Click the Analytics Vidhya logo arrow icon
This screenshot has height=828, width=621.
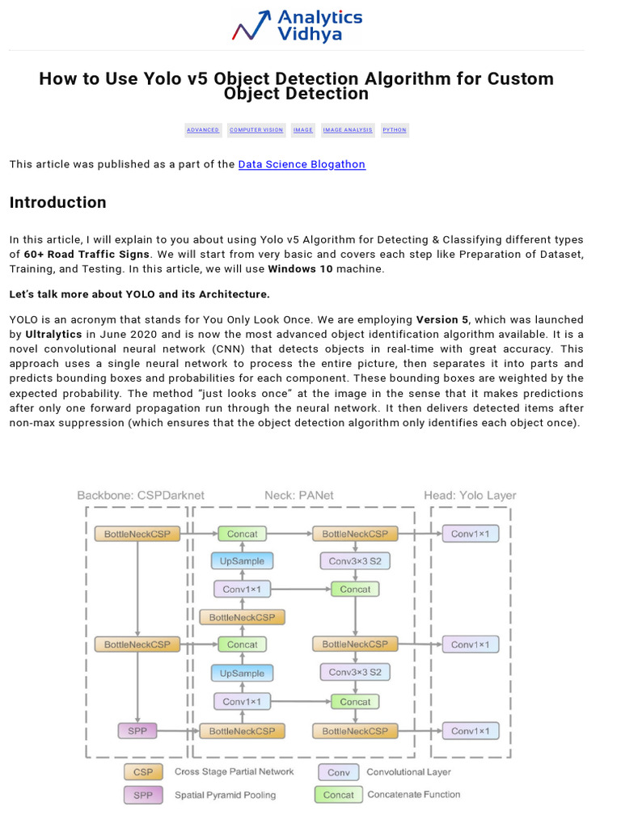pyautogui.click(x=251, y=24)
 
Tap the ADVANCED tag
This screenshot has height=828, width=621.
pyautogui.click(x=203, y=130)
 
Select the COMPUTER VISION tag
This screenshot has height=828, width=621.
pyautogui.click(x=256, y=130)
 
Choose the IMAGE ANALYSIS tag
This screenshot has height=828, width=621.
pyautogui.click(x=348, y=130)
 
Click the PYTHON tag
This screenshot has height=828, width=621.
pyautogui.click(x=395, y=130)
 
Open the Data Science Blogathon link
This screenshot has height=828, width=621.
pyautogui.click(x=302, y=164)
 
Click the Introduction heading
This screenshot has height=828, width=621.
pyautogui.click(x=58, y=202)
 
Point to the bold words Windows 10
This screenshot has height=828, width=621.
pyautogui.click(x=300, y=268)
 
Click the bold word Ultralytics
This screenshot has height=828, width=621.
pyautogui.click(x=53, y=333)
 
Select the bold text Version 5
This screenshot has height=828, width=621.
pyautogui.click(x=441, y=319)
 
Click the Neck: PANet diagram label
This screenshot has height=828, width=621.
pyautogui.click(x=299, y=495)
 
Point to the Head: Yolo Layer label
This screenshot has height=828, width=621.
pyautogui.click(x=470, y=495)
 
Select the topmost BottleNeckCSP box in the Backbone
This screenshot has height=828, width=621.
pyautogui.click(x=137, y=534)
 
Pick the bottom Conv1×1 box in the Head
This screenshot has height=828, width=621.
pyautogui.click(x=470, y=731)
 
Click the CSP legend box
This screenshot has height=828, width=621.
pyautogui.click(x=143, y=772)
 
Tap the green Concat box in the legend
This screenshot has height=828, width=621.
pyautogui.click(x=338, y=795)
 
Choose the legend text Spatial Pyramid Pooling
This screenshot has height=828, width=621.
pyautogui.click(x=225, y=795)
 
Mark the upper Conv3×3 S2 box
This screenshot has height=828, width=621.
pyautogui.click(x=355, y=561)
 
